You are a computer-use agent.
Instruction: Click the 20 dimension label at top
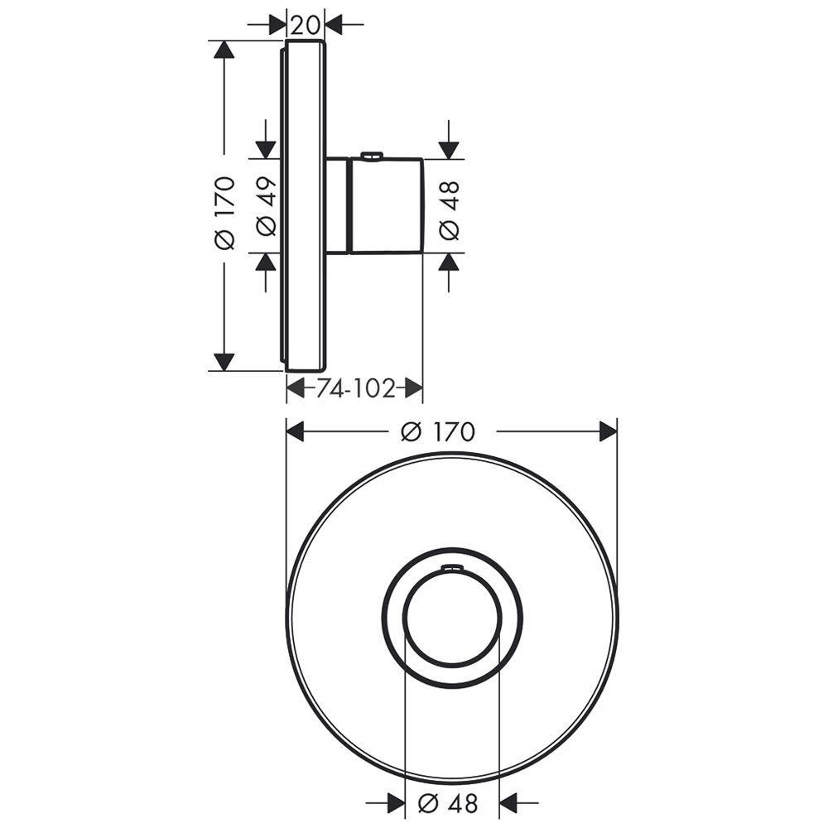point(306,24)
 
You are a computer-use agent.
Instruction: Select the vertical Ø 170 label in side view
point(224,213)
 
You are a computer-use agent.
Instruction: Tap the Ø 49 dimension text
point(266,206)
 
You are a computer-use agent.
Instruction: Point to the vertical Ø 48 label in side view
point(449,210)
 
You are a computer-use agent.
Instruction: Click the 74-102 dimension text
point(356,389)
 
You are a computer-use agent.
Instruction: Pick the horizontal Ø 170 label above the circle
point(438,432)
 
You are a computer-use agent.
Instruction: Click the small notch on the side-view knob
point(372,156)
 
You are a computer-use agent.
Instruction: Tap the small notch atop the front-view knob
point(451,568)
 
